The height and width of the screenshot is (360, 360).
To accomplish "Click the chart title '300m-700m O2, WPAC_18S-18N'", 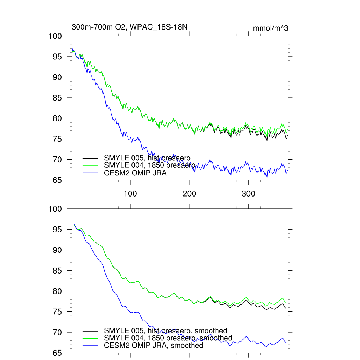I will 132,27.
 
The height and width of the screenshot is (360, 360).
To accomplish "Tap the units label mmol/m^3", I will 270,28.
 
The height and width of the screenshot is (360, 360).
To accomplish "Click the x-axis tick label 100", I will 130,194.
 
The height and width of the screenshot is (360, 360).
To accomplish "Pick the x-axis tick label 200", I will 189,194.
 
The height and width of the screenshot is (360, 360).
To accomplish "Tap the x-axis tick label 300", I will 249,194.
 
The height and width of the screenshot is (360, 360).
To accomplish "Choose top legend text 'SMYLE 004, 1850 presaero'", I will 150,165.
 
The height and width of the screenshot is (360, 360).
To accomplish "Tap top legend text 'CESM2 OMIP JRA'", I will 135,173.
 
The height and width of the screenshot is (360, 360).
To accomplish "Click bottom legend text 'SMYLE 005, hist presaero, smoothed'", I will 166,330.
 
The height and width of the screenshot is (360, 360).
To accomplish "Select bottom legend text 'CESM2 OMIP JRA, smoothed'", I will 154,346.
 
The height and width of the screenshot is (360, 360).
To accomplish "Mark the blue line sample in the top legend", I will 90,173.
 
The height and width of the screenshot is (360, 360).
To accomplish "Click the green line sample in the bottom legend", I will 90,338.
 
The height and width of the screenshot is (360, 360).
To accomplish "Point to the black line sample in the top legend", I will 90,158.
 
